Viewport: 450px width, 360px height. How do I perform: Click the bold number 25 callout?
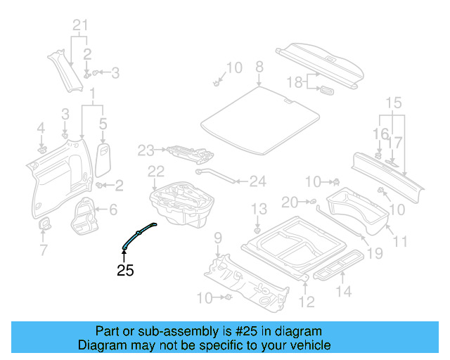[125, 269]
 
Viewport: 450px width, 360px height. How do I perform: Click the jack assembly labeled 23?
[187, 151]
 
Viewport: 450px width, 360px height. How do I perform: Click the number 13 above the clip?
[259, 209]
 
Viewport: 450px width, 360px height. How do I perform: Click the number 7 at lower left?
[43, 250]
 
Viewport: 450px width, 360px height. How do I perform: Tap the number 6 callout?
[113, 209]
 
